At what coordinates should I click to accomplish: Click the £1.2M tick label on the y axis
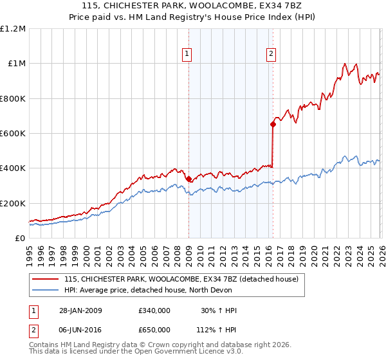pos(13,29)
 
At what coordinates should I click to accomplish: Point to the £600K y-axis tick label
pos(13,134)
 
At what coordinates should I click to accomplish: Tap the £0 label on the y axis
pos(19,239)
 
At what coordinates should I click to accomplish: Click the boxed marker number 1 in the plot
pos(187,55)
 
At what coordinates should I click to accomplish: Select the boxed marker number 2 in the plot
pos(271,55)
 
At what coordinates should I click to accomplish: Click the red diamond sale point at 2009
pos(188,179)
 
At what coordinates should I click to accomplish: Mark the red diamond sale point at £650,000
pos(273,125)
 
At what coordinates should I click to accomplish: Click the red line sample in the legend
pos(44,280)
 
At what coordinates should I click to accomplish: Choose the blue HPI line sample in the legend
pos(44,291)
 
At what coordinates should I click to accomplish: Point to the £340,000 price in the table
pos(154,310)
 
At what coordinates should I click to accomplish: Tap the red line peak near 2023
pos(345,64)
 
